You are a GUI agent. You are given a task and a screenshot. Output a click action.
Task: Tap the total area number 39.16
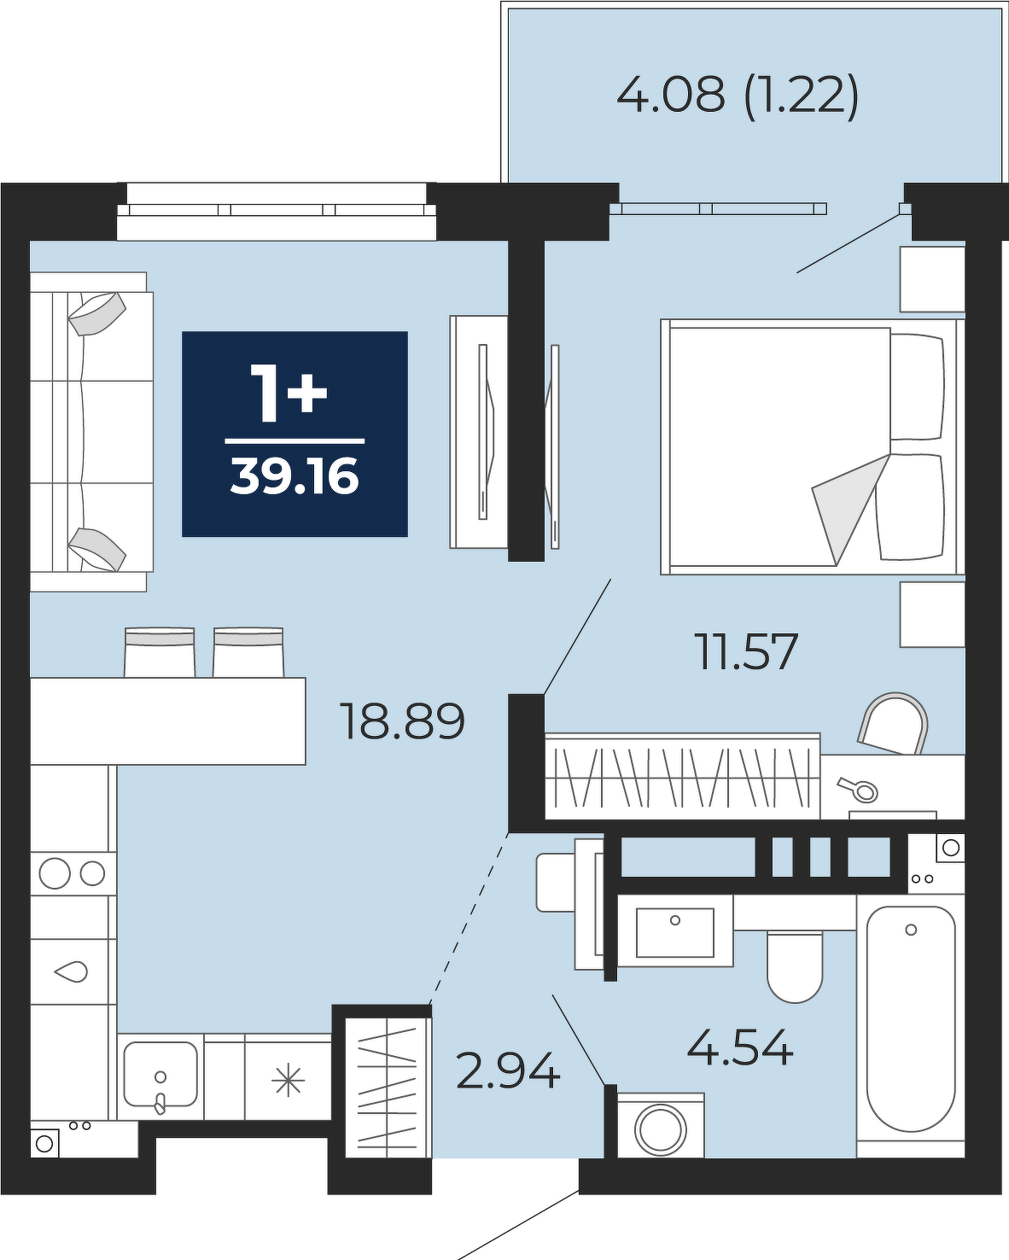295,476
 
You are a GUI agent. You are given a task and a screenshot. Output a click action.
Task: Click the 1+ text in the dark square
289,393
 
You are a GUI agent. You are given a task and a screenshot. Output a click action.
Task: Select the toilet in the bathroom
795,965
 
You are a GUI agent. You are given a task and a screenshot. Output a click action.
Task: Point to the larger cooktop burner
55,874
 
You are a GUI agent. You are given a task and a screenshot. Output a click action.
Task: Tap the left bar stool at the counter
160,652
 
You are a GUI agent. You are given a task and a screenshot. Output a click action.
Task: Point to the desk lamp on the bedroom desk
858,789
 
